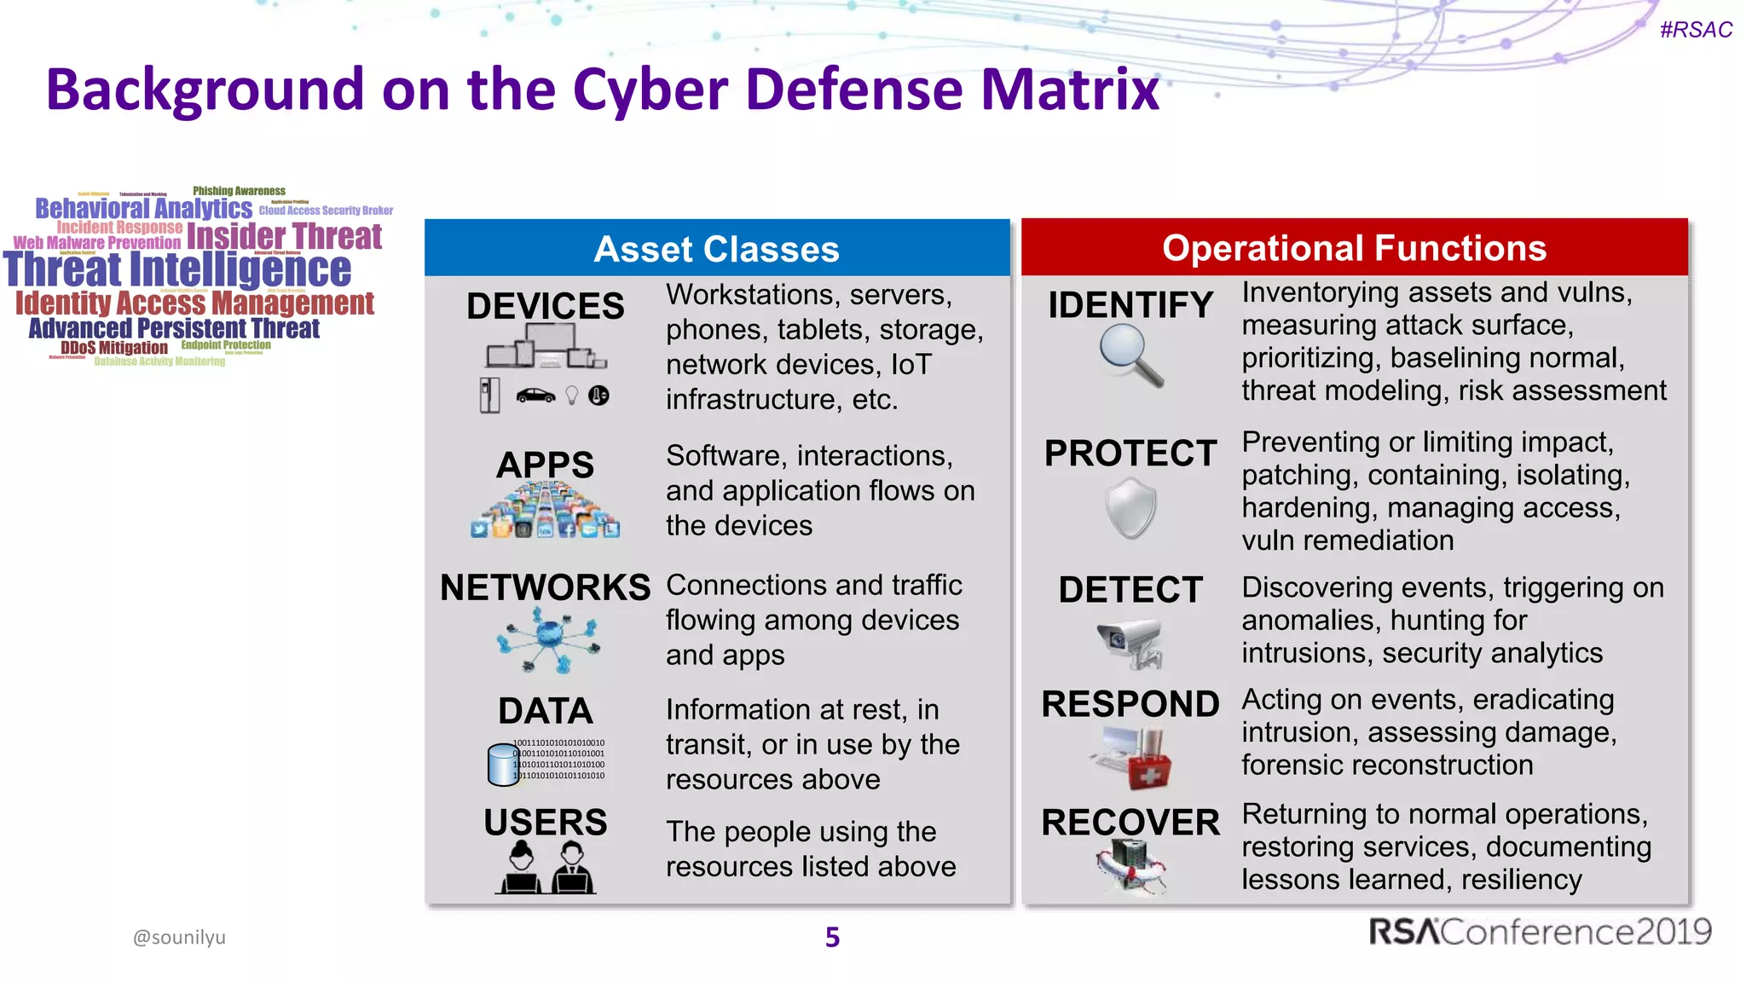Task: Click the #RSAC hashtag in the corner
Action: click(x=1695, y=30)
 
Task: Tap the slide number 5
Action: click(x=832, y=937)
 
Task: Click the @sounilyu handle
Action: click(x=179, y=937)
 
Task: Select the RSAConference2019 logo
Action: click(x=1540, y=932)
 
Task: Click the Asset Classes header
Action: click(x=716, y=249)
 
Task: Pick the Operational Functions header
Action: click(x=1354, y=248)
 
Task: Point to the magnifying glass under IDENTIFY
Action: click(x=1130, y=356)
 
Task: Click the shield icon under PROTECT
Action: click(x=1130, y=508)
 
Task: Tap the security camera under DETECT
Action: click(x=1130, y=644)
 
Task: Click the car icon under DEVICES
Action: click(x=535, y=396)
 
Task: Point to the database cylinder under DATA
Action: click(x=502, y=764)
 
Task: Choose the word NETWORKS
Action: click(x=545, y=587)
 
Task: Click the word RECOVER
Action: click(x=1130, y=823)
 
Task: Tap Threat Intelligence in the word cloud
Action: click(x=177, y=269)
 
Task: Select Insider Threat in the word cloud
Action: click(x=284, y=236)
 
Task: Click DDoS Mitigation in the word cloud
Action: click(x=114, y=348)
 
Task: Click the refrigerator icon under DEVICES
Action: click(x=489, y=396)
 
